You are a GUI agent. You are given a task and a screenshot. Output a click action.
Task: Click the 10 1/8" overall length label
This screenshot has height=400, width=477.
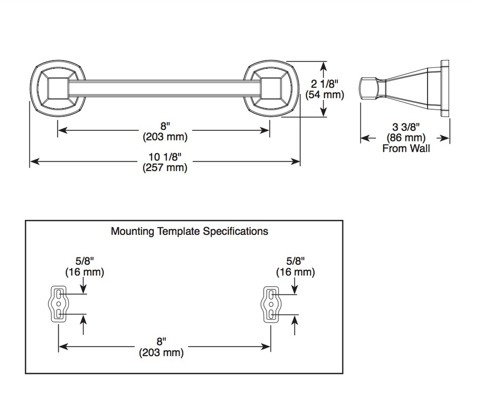164,157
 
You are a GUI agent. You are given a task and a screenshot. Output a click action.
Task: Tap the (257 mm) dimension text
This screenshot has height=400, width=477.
165,167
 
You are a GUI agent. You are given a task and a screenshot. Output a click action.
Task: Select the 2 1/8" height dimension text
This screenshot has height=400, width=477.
324,84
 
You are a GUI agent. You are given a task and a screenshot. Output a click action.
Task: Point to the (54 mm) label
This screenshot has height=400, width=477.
325,94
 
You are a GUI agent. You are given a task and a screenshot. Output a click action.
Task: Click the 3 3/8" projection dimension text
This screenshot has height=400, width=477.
406,127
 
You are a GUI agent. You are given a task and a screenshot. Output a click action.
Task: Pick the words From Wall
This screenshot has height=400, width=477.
406,148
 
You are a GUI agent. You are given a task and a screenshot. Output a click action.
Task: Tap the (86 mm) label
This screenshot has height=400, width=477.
406,138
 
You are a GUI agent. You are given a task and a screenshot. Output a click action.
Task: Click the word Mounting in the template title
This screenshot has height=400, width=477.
132,232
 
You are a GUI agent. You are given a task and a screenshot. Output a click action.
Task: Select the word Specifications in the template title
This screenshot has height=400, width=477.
235,232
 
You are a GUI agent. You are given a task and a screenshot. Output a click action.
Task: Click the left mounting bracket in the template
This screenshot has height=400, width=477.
58,304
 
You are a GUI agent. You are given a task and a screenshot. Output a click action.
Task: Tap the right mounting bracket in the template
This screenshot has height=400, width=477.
271,304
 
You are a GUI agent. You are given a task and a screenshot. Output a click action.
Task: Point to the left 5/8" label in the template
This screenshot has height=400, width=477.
85,261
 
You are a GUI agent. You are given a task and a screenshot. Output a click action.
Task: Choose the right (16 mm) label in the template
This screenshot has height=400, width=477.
295,272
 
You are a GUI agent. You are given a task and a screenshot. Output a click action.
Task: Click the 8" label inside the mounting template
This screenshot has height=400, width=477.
161,341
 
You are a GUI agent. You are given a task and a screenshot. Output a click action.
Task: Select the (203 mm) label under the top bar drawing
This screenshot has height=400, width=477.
165,137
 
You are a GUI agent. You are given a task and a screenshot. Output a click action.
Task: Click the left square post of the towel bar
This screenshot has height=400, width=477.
58,88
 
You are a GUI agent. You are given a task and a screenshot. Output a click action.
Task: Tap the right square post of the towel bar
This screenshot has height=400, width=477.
271,88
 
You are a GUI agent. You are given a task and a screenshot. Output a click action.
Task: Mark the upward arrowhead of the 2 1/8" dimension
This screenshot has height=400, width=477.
324,65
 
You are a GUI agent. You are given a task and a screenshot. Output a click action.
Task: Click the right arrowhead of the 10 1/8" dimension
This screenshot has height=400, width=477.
296,161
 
